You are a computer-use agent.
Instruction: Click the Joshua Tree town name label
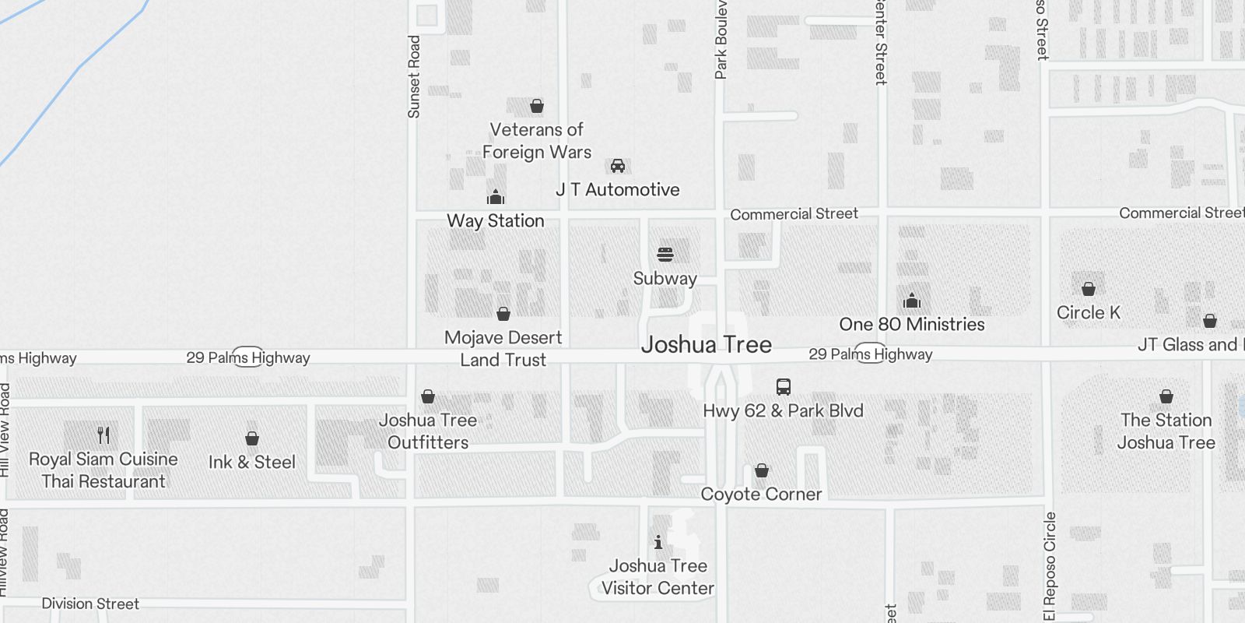[x=707, y=345]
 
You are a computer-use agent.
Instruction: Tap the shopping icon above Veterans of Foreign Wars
[x=537, y=106]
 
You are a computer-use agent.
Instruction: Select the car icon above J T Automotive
[x=618, y=166]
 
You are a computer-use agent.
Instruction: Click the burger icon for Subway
[x=665, y=255]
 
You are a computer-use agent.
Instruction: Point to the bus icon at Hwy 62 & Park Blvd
[x=784, y=387]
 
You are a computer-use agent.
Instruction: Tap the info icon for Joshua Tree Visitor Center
[x=658, y=542]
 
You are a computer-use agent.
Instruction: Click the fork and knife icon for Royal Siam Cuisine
[x=103, y=435]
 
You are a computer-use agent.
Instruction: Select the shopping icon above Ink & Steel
[x=252, y=438]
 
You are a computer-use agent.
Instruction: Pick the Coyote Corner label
[x=761, y=495]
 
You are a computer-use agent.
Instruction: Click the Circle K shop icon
[x=1089, y=289]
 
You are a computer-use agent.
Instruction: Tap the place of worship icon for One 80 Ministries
[x=912, y=301]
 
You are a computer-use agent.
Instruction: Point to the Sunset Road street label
[x=414, y=76]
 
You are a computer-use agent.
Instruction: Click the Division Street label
[x=90, y=604]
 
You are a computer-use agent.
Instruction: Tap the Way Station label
[x=496, y=221]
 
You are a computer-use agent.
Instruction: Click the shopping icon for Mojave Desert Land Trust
[x=503, y=314]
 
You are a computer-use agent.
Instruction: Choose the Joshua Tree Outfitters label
[x=428, y=431]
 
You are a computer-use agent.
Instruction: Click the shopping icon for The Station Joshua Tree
[x=1166, y=396]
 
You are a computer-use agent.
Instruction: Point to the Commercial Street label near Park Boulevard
[x=794, y=214]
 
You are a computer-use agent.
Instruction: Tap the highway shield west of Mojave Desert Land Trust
[x=248, y=357]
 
